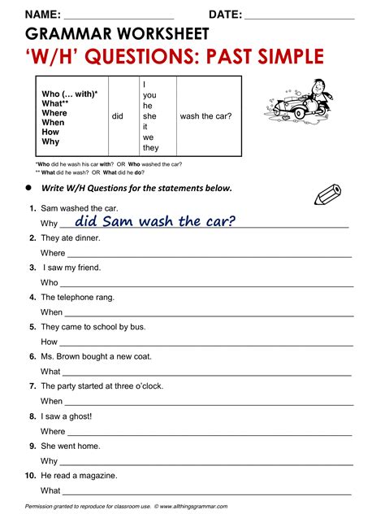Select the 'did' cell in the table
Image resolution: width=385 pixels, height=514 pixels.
[118, 116]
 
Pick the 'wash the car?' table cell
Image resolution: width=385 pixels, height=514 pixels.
[205, 116]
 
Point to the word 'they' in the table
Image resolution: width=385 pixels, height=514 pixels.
[150, 148]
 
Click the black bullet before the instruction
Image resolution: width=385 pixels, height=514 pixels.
[28, 188]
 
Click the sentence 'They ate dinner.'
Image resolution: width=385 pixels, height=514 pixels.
[71, 238]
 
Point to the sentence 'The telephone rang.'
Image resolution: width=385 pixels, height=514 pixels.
[77, 298]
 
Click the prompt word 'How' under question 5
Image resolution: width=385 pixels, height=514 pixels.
[49, 342]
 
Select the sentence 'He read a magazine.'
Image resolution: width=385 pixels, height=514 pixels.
[79, 476]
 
